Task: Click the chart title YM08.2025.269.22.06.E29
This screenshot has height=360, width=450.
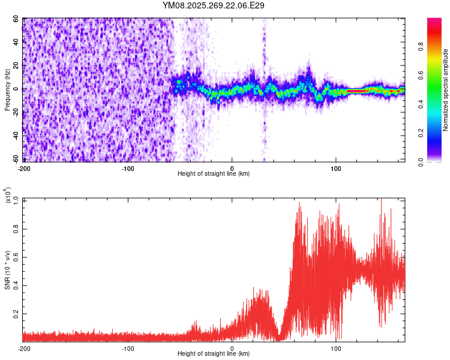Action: pos(214,5)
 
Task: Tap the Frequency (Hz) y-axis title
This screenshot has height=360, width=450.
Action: pos(7,90)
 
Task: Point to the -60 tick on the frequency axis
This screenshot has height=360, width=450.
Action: pos(17,160)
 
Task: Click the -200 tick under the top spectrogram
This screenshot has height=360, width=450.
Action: pos(24,168)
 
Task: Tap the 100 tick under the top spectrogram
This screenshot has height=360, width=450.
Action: pos(336,168)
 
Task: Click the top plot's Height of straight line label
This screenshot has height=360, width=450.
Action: pos(214,173)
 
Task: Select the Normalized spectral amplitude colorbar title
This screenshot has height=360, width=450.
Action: pos(446,91)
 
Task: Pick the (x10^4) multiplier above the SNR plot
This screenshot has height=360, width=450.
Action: pos(7,195)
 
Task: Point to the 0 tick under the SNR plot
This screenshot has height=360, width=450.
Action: pos(232,348)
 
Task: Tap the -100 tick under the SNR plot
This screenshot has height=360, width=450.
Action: pos(128,348)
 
